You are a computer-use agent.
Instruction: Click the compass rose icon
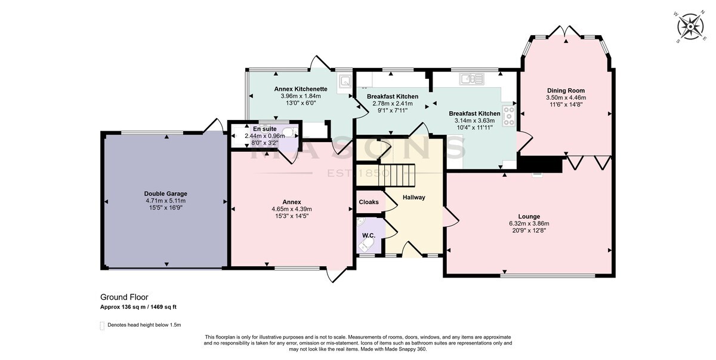(x=691, y=32)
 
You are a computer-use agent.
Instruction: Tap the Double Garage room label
(x=166, y=194)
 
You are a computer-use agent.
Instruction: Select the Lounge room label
(x=529, y=217)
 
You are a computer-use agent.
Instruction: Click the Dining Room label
(x=566, y=91)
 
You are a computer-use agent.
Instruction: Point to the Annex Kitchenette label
(x=301, y=89)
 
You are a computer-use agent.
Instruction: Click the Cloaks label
(x=369, y=202)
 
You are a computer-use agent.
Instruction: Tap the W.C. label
(x=369, y=236)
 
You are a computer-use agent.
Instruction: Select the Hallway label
(x=413, y=198)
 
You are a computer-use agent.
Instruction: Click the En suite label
(x=265, y=129)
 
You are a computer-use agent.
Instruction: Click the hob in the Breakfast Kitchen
(x=509, y=116)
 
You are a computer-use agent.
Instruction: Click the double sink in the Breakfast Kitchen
(x=472, y=79)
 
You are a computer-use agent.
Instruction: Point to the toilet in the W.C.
(x=365, y=245)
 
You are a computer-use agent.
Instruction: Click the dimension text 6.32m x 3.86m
(x=529, y=223)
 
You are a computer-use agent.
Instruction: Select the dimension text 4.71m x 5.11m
(x=166, y=201)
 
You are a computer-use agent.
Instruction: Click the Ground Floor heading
(x=124, y=297)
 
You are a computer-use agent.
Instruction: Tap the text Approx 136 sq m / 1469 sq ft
(x=138, y=307)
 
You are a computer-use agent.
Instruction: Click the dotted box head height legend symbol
(x=102, y=325)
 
